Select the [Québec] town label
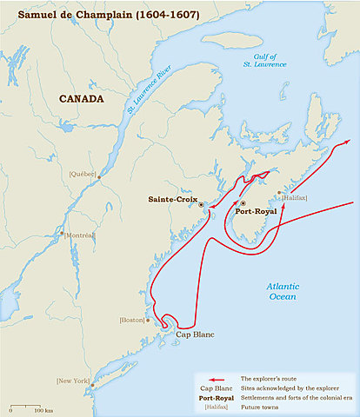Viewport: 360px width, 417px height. coord(83,175)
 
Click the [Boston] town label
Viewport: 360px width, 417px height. coord(132,321)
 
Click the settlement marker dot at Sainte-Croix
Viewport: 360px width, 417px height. coord(202,205)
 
